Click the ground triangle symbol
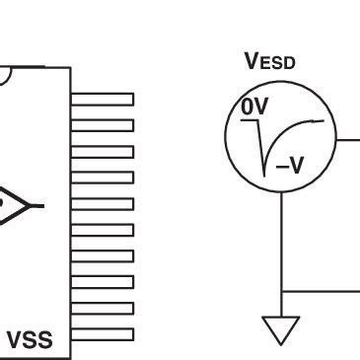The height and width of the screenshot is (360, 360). coord(282,329)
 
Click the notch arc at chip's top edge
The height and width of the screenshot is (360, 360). coord(6,75)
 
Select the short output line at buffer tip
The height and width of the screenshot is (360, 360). coord(36,206)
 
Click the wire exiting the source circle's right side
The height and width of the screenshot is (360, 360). coord(347,140)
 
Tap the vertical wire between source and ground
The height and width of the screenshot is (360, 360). coord(282,237)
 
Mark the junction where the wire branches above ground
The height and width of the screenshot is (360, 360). coord(282,292)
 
